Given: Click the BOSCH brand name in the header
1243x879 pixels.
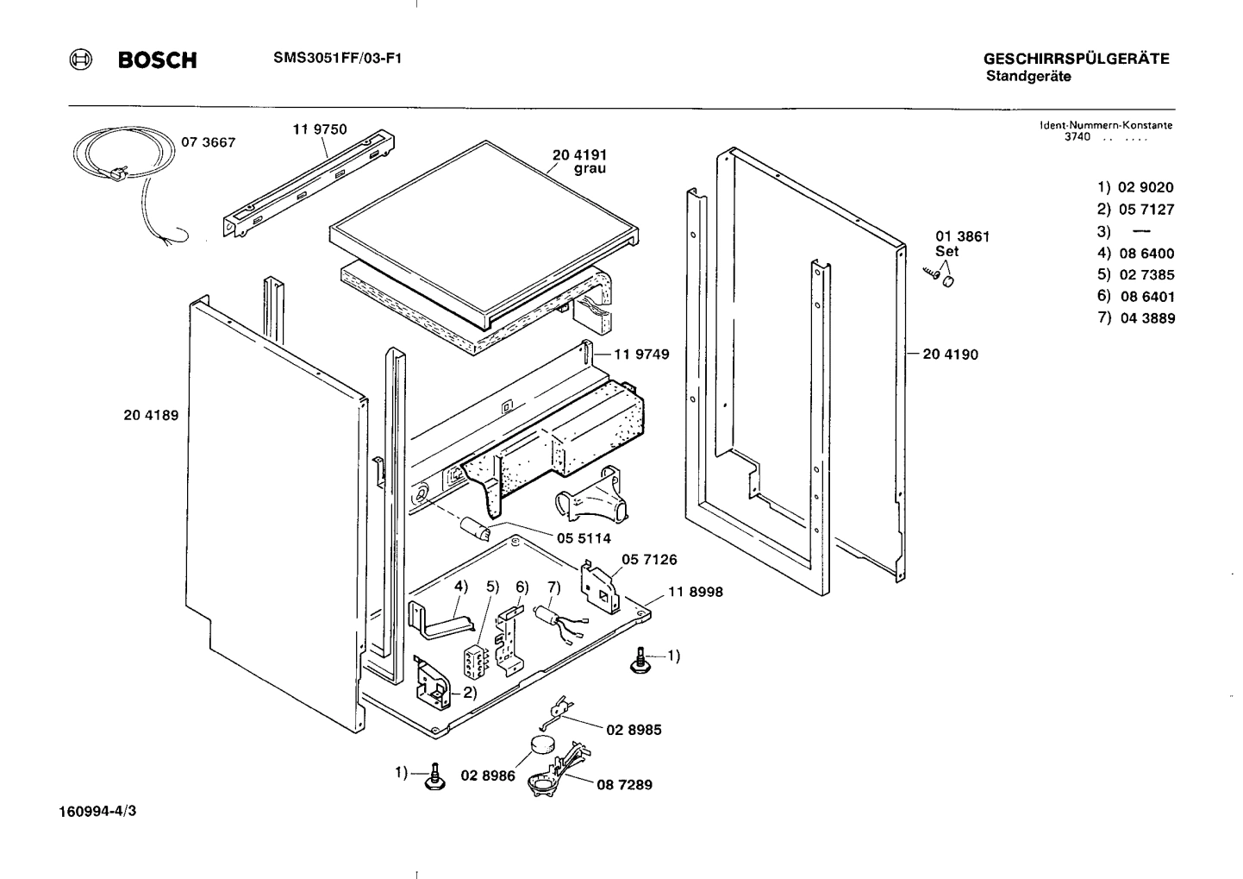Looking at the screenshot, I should pyautogui.click(x=157, y=60).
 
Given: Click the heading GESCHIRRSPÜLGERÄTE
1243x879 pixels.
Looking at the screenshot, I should pyautogui.click(x=1076, y=60).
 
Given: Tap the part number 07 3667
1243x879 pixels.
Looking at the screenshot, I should pyautogui.click(x=208, y=142).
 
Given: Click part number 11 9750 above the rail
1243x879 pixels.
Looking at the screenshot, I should pyautogui.click(x=319, y=129).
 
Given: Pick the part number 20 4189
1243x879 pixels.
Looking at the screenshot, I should pyautogui.click(x=151, y=415).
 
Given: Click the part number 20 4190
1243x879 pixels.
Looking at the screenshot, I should pyautogui.click(x=950, y=355).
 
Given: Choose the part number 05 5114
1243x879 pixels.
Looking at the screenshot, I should pyautogui.click(x=583, y=538).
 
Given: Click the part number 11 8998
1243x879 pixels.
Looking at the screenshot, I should pyautogui.click(x=695, y=592).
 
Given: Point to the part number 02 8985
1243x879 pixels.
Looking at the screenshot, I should pyautogui.click(x=634, y=730).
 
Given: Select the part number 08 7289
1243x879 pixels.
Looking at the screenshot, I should pyautogui.click(x=624, y=785).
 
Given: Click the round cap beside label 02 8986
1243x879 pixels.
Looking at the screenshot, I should pyautogui.click(x=541, y=744).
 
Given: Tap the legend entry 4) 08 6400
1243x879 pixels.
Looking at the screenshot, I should pyautogui.click(x=1135, y=254).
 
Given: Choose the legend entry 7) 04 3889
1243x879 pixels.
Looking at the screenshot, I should pyautogui.click(x=1135, y=318).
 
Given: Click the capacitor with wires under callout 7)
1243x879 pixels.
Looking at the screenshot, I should pyautogui.click(x=547, y=613).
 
